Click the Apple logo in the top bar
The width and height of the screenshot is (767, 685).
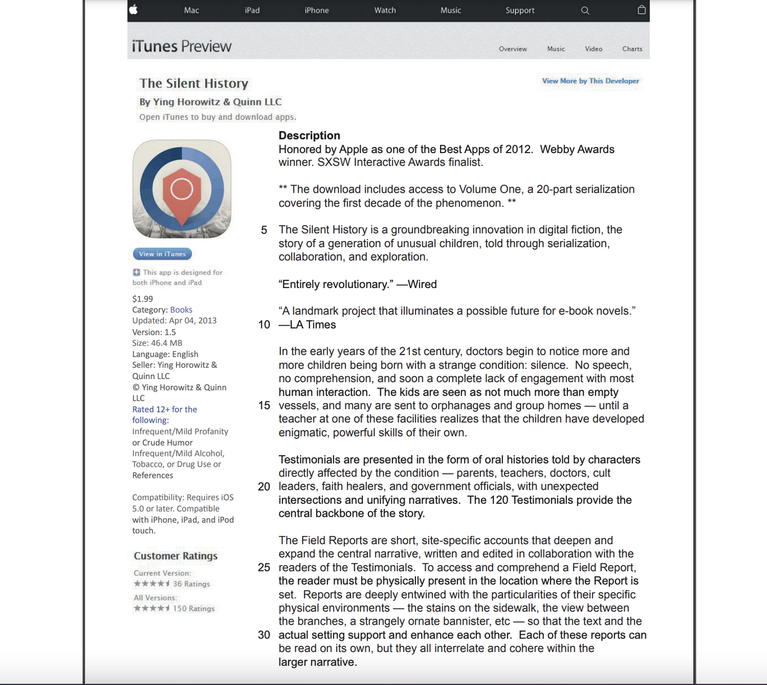133,10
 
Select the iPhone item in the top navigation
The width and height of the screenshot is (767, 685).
317,10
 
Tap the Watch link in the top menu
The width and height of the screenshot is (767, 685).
385,10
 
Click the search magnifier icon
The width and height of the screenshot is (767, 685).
585,10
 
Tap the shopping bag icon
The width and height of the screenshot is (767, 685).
641,10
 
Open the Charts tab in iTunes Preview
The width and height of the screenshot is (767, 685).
632,49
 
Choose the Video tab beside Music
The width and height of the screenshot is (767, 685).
593,49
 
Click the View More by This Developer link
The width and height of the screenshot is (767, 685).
590,81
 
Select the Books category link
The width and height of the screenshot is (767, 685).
181,309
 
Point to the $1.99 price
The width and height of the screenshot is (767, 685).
142,299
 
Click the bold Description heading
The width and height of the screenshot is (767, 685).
309,135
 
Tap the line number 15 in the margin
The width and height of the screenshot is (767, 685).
264,405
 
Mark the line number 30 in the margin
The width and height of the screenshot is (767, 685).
264,635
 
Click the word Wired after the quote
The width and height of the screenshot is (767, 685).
422,284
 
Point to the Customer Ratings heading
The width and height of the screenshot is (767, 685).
175,556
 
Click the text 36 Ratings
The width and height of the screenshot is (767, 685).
191,584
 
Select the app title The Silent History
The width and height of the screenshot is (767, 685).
194,84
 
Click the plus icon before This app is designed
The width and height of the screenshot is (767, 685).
136,272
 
